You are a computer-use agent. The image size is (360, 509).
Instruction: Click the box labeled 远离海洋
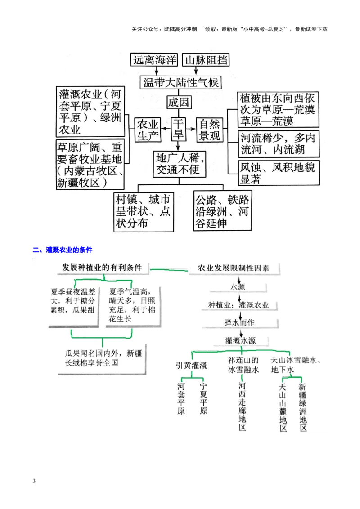154,60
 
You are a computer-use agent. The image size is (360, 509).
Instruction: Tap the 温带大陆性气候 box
180,83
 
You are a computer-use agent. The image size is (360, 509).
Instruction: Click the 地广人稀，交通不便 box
179,164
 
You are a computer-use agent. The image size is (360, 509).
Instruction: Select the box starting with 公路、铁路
222,211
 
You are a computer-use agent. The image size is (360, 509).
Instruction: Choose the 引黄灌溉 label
192,366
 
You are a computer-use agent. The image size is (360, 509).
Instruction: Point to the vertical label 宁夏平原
203,398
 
